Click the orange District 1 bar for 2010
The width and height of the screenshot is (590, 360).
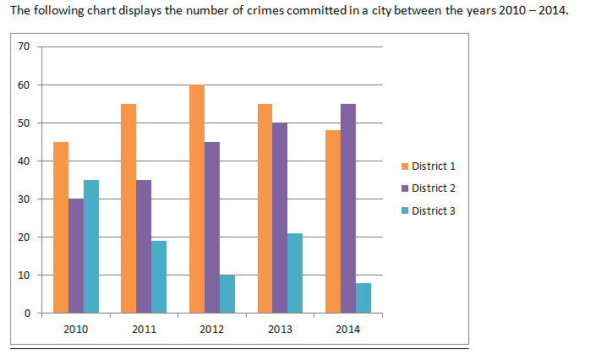pos(61,227)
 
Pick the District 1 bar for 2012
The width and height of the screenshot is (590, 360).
pos(197,199)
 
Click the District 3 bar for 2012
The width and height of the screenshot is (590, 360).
pos(227,294)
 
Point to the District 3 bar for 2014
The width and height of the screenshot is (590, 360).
pos(363,297)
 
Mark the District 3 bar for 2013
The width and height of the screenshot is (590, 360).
pos(295,273)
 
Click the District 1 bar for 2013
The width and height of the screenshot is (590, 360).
pos(265,208)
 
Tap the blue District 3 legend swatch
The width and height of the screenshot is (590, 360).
pos(406,210)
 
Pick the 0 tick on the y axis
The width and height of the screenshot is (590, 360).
pos(26,314)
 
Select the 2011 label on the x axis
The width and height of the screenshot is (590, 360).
pos(144,330)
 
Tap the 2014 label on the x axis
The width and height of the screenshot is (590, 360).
pos(347,330)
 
